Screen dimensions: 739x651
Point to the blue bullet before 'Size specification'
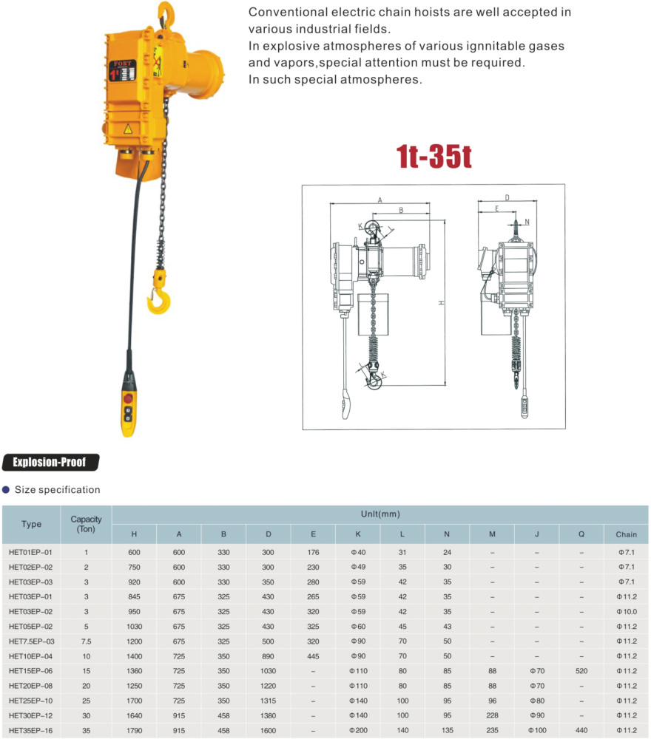(x=7, y=489)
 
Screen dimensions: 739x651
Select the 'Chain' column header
(x=626, y=534)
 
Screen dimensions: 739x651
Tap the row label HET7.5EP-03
(x=32, y=641)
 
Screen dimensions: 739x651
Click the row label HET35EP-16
(x=32, y=730)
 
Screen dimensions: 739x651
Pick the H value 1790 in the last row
(x=134, y=730)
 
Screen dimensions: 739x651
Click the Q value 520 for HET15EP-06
(x=581, y=671)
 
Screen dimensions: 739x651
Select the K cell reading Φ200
(x=358, y=730)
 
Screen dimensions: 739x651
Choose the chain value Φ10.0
(x=626, y=611)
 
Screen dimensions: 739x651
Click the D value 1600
(x=268, y=730)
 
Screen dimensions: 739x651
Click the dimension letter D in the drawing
(x=507, y=197)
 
